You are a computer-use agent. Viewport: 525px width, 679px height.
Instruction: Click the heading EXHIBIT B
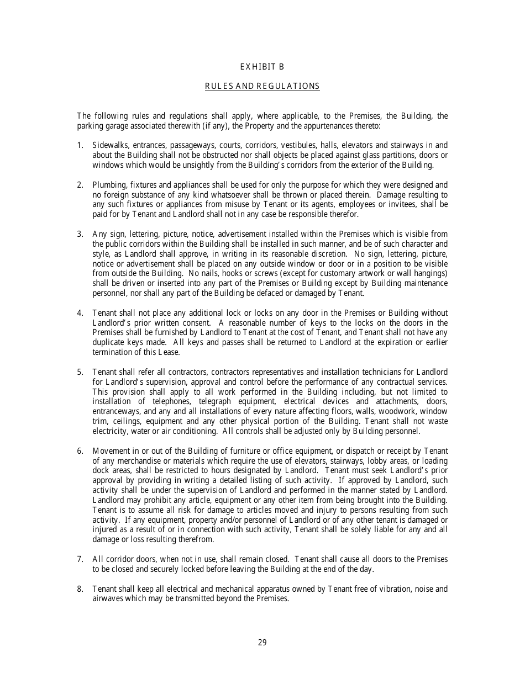point(262,67)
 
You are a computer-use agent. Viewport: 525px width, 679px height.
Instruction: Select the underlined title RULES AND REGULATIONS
point(262,86)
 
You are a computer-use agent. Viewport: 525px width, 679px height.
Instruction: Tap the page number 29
point(262,642)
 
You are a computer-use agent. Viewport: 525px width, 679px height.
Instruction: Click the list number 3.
point(80,234)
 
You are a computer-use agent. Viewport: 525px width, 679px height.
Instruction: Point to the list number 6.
point(80,451)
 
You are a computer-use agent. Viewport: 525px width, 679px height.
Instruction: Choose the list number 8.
point(80,589)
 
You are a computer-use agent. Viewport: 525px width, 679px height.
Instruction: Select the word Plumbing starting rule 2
point(108,185)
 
